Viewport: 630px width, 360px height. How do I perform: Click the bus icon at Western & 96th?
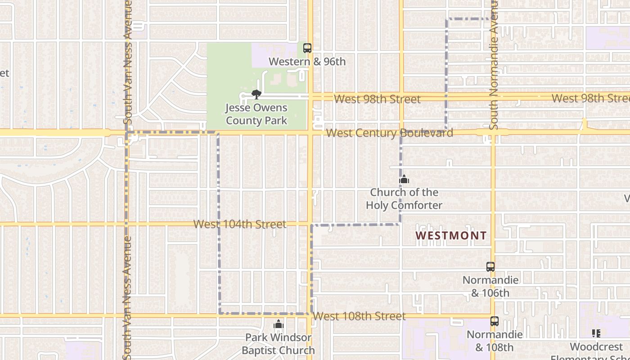[x=307, y=48]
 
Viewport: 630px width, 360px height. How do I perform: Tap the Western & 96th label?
[x=307, y=62]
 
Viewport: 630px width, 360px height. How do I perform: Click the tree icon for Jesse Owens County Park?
[x=256, y=94]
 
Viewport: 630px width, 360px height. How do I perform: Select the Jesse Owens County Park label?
[x=256, y=114]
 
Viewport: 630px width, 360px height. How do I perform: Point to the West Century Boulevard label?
[x=389, y=133]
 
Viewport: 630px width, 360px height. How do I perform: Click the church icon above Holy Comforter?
[x=404, y=180]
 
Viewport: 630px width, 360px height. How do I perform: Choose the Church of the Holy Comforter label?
[x=404, y=199]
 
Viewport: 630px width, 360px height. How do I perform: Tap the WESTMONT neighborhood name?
[x=451, y=235]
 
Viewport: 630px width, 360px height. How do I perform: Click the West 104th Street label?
[x=240, y=224]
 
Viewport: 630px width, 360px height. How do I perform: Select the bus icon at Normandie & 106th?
[x=490, y=267]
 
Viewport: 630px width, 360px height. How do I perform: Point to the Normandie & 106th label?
[x=490, y=287]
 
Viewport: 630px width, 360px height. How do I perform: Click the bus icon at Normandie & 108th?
[x=495, y=321]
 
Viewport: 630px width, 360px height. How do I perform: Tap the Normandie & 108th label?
[x=495, y=341]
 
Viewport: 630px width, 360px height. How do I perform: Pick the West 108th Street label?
[x=359, y=316]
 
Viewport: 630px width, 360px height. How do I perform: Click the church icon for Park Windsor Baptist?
[x=279, y=324]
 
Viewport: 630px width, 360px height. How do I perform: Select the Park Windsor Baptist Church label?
[x=279, y=344]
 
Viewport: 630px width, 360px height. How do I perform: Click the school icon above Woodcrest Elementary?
[x=596, y=333]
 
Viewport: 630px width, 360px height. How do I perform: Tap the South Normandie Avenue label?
[x=494, y=65]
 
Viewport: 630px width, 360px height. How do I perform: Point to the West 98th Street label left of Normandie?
[x=378, y=99]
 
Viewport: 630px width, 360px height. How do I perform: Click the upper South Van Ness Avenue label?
[x=127, y=62]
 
